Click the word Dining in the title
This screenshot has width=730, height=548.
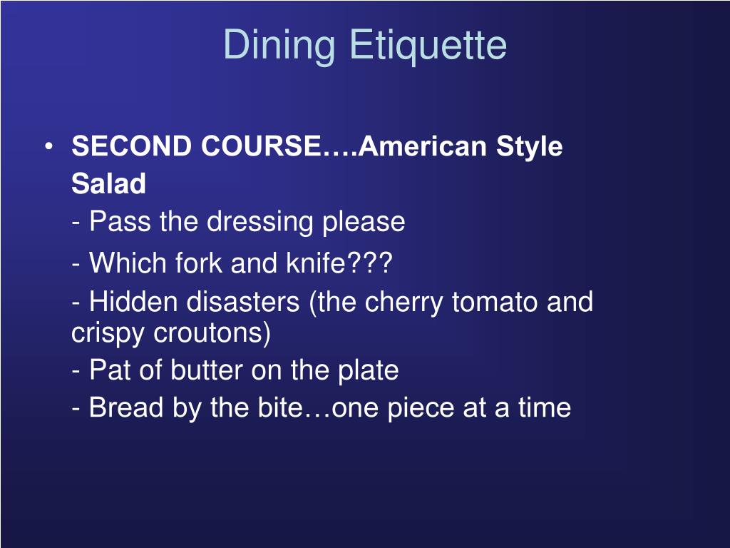279,46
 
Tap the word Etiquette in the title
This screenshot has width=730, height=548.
428,46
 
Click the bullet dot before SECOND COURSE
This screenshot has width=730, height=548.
48,147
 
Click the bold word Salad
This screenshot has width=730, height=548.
108,184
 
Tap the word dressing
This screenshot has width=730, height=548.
262,222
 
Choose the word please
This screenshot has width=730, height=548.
364,222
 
